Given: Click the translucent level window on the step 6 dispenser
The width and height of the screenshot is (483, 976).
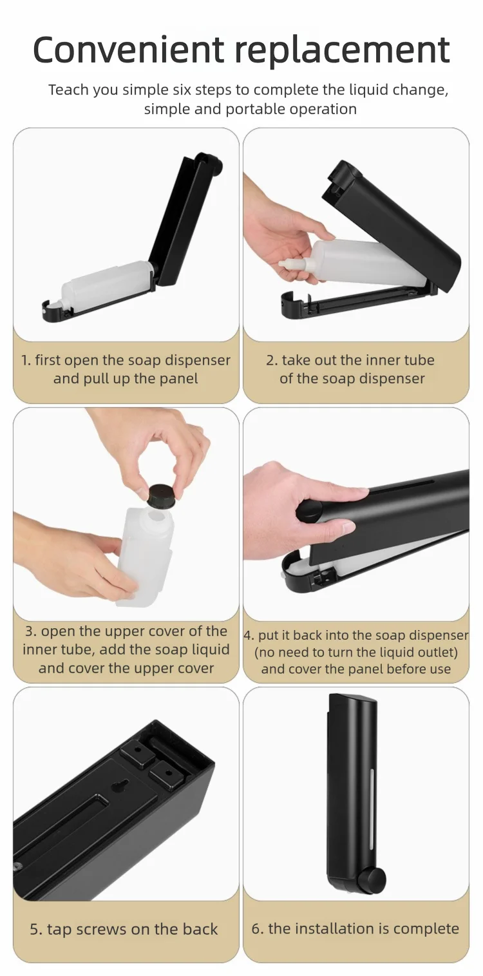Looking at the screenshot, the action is [x=372, y=812].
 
